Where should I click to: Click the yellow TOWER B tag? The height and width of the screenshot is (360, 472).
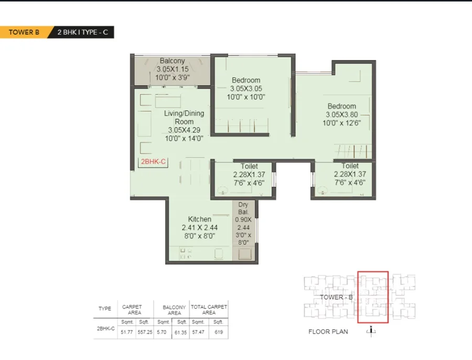tap(24, 32)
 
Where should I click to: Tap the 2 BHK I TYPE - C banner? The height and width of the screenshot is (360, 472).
tap(82, 32)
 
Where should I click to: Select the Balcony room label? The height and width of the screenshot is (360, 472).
tap(172, 60)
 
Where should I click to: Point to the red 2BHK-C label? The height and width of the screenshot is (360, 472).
tap(153, 162)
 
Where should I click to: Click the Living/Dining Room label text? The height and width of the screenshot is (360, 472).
tap(184, 118)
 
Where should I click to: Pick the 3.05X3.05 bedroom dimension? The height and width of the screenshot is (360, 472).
tap(246, 89)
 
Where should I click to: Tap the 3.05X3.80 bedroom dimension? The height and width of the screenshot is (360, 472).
tap(341, 114)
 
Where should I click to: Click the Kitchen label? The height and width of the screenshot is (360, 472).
tap(200, 219)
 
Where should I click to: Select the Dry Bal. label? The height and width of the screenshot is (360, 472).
tap(243, 208)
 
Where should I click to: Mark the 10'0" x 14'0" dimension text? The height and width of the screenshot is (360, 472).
tap(184, 139)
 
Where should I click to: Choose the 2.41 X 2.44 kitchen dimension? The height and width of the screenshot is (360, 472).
tap(200, 227)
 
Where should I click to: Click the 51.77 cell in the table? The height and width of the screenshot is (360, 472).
tap(127, 332)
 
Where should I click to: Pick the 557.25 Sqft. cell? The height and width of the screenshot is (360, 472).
tap(145, 332)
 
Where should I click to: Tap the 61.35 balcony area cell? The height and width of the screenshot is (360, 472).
tap(180, 332)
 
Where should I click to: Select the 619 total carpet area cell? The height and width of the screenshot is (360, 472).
tap(219, 332)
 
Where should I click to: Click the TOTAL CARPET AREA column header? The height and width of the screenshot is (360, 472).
tap(209, 310)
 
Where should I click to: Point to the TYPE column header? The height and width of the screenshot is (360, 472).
tap(105, 309)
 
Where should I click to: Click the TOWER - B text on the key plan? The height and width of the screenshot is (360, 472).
tap(336, 298)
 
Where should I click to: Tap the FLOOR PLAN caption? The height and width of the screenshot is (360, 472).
tap(328, 332)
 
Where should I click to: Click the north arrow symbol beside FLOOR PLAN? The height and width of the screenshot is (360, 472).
tap(371, 331)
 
